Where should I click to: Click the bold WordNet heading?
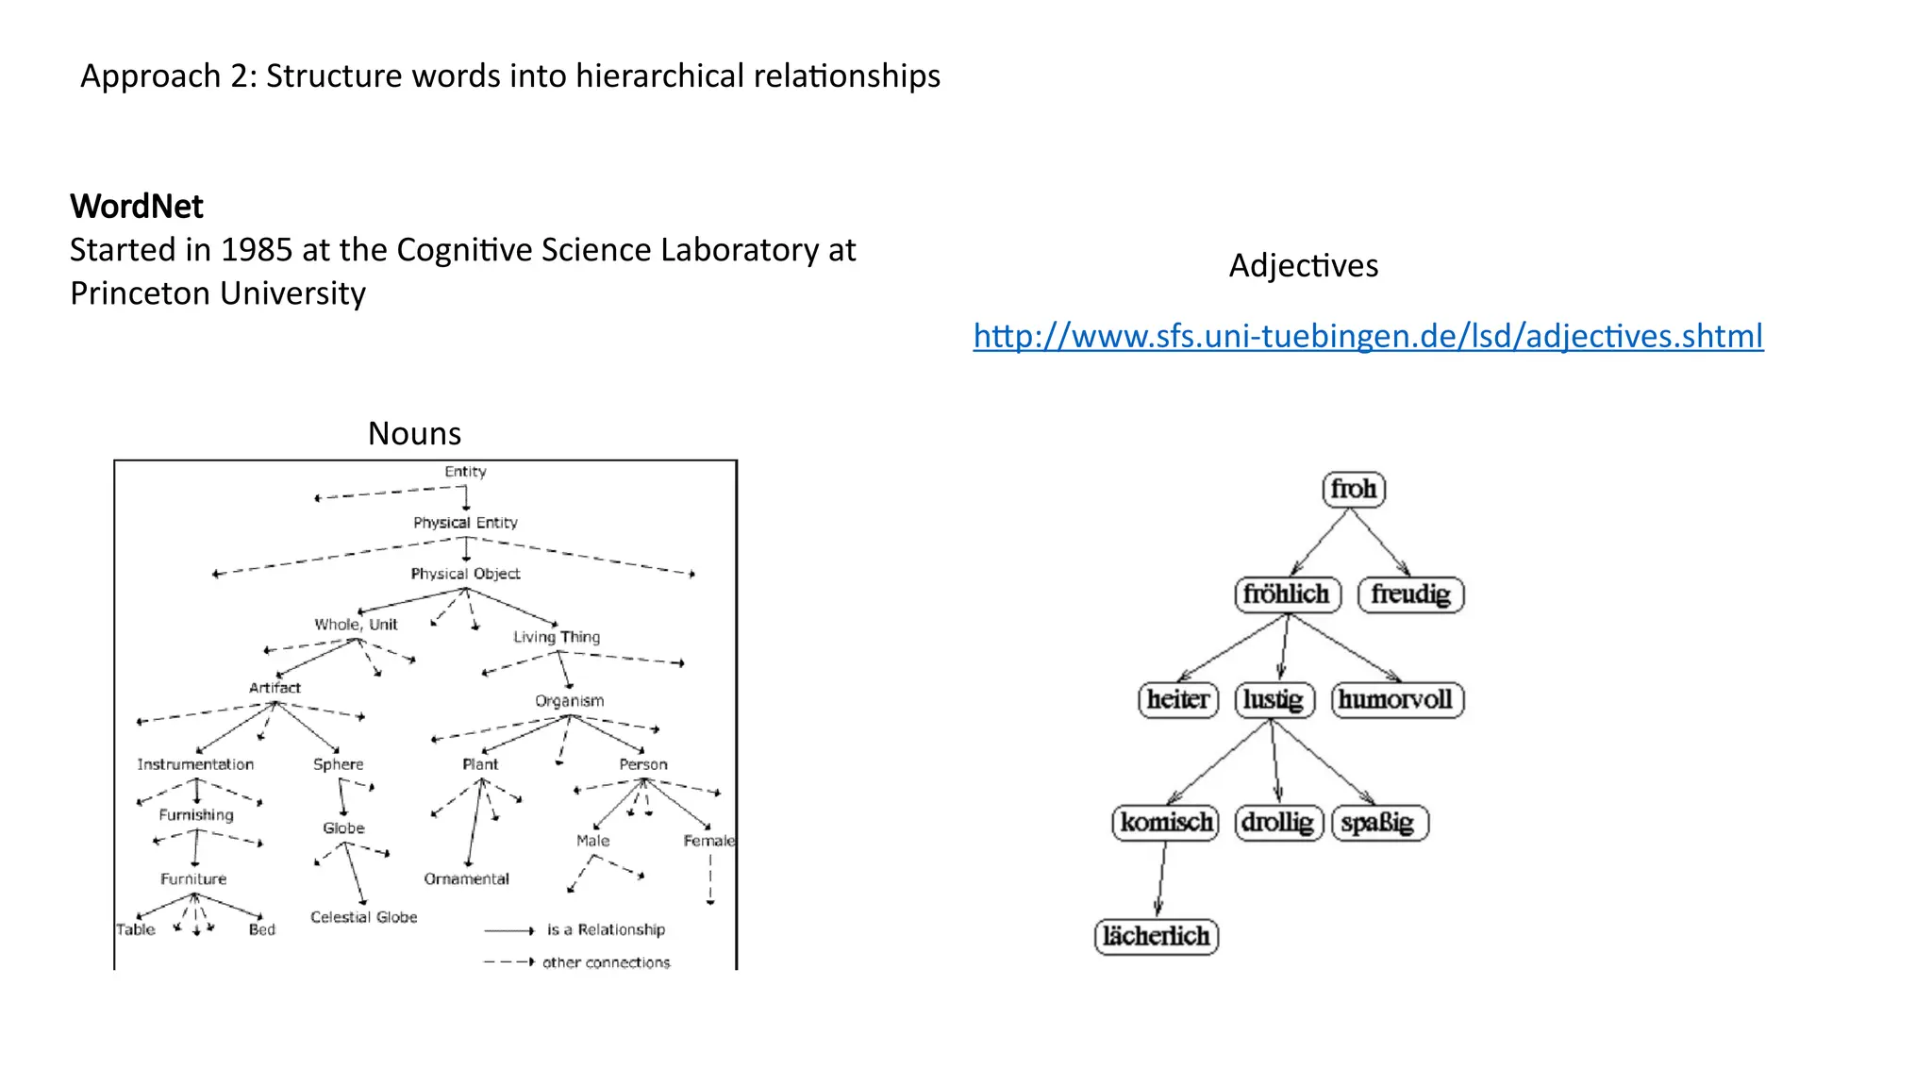click(x=137, y=207)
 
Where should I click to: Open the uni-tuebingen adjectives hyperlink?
click(x=1368, y=336)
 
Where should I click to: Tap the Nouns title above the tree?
click(x=414, y=433)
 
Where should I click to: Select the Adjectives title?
click(x=1303, y=266)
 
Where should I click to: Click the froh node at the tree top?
click(x=1354, y=490)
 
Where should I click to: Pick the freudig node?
click(x=1410, y=594)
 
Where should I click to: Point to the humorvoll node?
click(x=1396, y=700)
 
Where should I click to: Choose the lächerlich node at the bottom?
click(x=1157, y=937)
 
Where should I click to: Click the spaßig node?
click(x=1378, y=823)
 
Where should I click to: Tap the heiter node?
click(x=1178, y=700)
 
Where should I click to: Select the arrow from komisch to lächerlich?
click(x=1161, y=878)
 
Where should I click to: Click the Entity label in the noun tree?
click(x=465, y=472)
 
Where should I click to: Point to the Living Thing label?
click(x=557, y=637)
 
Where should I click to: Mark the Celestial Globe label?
click(x=363, y=917)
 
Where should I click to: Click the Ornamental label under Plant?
click(x=466, y=879)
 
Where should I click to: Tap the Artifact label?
click(x=275, y=688)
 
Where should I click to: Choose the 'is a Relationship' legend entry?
click(x=606, y=930)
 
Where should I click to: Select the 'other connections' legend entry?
click(x=606, y=962)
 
